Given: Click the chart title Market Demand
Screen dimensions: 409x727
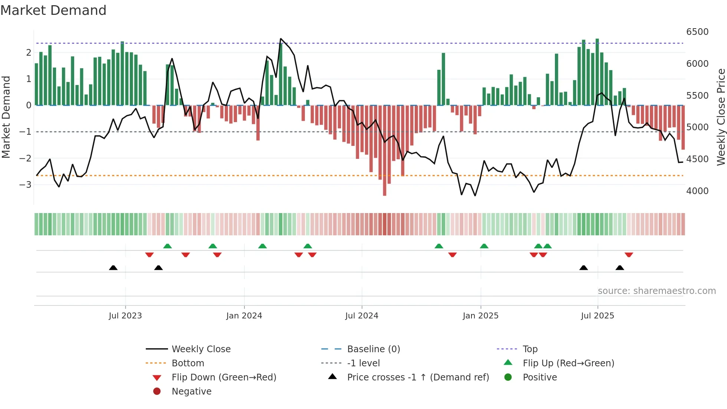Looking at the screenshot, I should pyautogui.click(x=53, y=10).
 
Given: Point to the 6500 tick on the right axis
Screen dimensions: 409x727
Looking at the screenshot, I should pyautogui.click(x=697, y=32).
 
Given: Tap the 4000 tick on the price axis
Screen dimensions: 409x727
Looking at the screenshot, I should pyautogui.click(x=697, y=191).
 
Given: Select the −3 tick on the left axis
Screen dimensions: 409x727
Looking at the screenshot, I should pyautogui.click(x=25, y=184).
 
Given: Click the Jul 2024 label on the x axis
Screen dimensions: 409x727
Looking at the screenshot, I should pyautogui.click(x=362, y=316).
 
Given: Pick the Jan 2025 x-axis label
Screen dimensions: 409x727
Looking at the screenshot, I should pyautogui.click(x=480, y=316).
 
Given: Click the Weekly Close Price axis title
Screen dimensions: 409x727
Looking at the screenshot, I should pyautogui.click(x=721, y=117).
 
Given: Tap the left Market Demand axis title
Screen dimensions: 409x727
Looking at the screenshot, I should pyautogui.click(x=6, y=117).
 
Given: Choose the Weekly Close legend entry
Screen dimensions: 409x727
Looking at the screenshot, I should pyautogui.click(x=201, y=349).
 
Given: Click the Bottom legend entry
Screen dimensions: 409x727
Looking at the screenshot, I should pyautogui.click(x=188, y=363).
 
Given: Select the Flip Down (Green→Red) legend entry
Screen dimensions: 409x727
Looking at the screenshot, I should pyautogui.click(x=224, y=377).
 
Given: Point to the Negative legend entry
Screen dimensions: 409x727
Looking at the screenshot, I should pyautogui.click(x=191, y=391).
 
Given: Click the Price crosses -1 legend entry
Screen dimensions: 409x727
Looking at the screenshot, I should pyautogui.click(x=418, y=377).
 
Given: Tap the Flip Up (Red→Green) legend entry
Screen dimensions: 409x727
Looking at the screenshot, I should pyautogui.click(x=568, y=363).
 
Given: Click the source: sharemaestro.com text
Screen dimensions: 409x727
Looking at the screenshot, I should pyautogui.click(x=657, y=291).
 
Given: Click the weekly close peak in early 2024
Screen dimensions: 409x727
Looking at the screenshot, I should pyautogui.click(x=281, y=39).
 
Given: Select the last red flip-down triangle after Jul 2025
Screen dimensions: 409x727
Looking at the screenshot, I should pyautogui.click(x=629, y=255).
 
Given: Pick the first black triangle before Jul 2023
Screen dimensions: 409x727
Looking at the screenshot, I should pyautogui.click(x=113, y=268).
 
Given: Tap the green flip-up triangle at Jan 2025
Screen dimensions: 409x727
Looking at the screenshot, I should pyautogui.click(x=484, y=246).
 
